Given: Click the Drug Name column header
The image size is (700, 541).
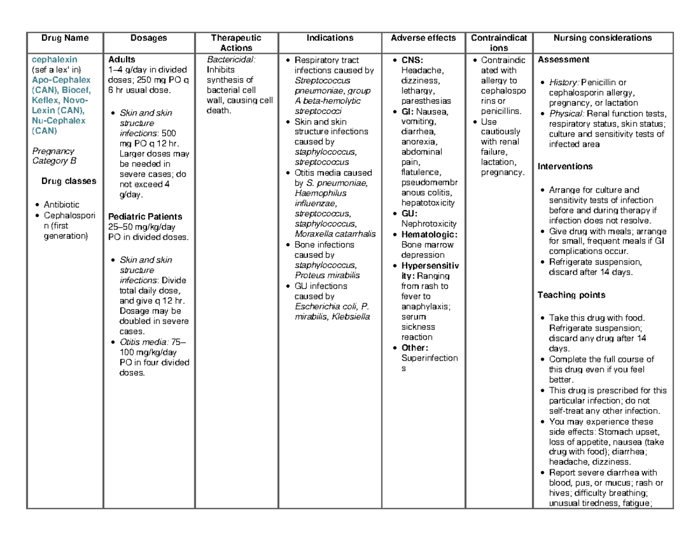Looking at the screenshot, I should (65, 39).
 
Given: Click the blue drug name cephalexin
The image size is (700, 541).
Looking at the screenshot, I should (54, 60).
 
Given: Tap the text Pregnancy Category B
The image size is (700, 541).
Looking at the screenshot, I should (54, 156).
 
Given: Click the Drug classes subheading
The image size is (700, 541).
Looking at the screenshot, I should (69, 181).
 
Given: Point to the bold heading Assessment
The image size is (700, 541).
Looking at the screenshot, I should (563, 60).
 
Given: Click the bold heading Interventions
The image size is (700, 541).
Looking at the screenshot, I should (565, 166).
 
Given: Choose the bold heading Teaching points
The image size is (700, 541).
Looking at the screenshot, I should (570, 295).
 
